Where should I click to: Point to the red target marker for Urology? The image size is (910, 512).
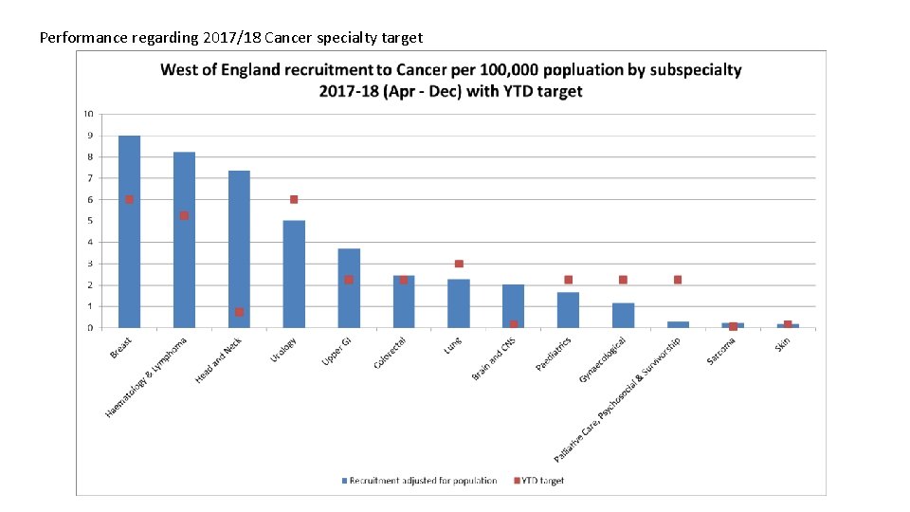point(294,199)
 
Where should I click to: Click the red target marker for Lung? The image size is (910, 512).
point(459,264)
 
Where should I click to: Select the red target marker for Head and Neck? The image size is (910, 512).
point(239,312)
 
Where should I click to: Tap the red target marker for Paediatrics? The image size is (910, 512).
point(568,280)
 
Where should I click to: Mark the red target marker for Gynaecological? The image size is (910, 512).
point(623,280)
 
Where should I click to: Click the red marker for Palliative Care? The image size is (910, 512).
point(678,280)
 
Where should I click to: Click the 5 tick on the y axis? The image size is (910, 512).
point(90,221)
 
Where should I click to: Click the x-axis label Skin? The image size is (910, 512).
point(782,343)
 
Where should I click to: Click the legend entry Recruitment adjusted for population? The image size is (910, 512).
point(422,481)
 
